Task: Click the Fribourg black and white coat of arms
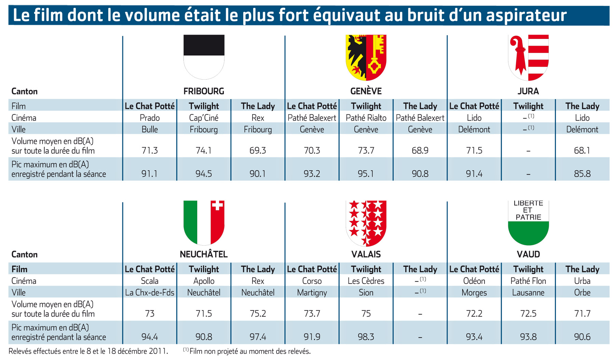pos(204,57)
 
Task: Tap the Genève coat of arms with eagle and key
pos(366,57)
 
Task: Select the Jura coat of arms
pos(528,57)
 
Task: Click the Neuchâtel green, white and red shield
pos(204,223)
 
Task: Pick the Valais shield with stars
pos(366,223)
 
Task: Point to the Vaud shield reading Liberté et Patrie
pos(528,223)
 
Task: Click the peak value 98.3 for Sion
pos(366,337)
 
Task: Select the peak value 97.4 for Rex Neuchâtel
pos(258,337)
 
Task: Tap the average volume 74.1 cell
pos(204,150)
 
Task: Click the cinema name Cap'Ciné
pos(204,118)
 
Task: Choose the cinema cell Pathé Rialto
pos(366,118)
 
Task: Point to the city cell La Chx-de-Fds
pos(150,293)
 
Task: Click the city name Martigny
pos(312,293)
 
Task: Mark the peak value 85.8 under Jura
pos(582,174)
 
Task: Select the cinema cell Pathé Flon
pos(528,281)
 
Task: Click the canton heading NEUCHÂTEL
pos(204,254)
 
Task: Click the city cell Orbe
pos(582,293)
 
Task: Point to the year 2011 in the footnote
pos(158,351)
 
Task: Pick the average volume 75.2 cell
pos(258,314)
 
